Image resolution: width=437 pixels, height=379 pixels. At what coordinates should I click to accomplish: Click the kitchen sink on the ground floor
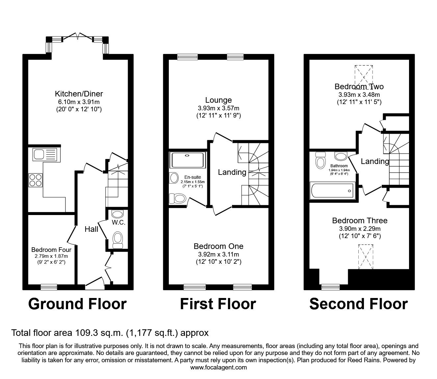coord(45,154)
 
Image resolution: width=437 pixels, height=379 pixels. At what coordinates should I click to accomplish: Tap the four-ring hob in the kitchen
coord(36,180)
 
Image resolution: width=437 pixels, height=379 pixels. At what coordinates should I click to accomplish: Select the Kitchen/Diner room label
coord(79,94)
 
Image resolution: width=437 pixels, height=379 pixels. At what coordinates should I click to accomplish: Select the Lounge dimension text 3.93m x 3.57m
coord(218,108)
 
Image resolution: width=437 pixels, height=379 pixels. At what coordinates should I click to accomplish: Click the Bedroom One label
coord(218,246)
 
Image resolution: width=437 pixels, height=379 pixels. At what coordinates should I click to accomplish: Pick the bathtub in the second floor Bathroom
coord(333,191)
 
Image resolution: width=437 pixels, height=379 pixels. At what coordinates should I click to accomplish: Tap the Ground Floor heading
coord(77,304)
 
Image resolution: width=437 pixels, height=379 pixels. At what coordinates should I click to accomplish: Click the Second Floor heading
coord(358,304)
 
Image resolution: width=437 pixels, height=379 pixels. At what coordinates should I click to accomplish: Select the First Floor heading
coord(218,304)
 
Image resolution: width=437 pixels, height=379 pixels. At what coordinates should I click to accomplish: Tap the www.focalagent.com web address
coord(218,367)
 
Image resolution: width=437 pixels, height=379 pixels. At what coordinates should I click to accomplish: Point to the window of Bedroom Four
coord(49,287)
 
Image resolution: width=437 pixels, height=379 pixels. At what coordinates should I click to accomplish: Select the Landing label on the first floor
coord(232,172)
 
